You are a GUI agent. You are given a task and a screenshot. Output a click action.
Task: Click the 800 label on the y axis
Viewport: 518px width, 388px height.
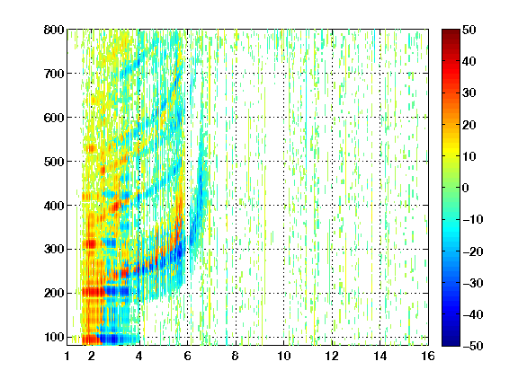(54, 30)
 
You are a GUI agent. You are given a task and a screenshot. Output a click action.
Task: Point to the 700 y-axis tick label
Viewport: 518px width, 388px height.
(54, 74)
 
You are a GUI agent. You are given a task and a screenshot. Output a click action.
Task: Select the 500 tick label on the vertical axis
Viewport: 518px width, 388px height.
(54, 162)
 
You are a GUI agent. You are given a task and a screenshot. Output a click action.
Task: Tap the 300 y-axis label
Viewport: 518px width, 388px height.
(54, 249)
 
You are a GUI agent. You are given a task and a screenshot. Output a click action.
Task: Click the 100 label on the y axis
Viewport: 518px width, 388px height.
(54, 337)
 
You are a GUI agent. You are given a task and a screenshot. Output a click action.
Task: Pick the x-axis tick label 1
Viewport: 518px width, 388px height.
(67, 356)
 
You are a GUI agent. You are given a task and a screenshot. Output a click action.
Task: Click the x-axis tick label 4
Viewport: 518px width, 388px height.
(139, 356)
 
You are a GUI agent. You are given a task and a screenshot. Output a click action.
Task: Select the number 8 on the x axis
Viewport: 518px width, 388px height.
(236, 356)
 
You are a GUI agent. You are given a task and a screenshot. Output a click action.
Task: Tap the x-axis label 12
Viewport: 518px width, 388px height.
(332, 356)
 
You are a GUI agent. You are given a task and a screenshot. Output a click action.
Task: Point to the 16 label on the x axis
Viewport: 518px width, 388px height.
(428, 356)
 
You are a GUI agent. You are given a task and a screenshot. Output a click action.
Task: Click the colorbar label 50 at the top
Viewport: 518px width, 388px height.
(469, 30)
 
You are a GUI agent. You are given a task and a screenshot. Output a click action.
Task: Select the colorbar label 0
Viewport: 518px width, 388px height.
(466, 188)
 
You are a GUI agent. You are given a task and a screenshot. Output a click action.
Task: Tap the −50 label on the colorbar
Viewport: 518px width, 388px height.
(473, 346)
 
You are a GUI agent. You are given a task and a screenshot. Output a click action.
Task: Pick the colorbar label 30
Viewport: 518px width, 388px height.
(469, 93)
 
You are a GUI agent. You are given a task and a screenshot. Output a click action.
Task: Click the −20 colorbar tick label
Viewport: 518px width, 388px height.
(473, 251)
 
